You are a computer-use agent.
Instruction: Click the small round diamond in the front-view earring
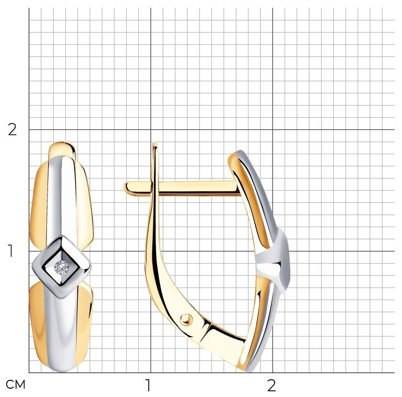[62, 268]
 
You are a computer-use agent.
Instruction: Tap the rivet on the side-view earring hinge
[186, 319]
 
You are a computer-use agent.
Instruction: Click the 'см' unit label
[15, 384]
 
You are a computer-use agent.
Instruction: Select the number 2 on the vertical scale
[12, 130]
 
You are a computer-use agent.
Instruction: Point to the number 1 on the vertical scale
[10, 251]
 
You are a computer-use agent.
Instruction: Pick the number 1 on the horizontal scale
[148, 386]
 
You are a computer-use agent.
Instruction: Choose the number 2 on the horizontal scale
[271, 386]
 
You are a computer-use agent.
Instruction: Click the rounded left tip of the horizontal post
[126, 188]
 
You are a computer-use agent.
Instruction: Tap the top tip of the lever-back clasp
[155, 143]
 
